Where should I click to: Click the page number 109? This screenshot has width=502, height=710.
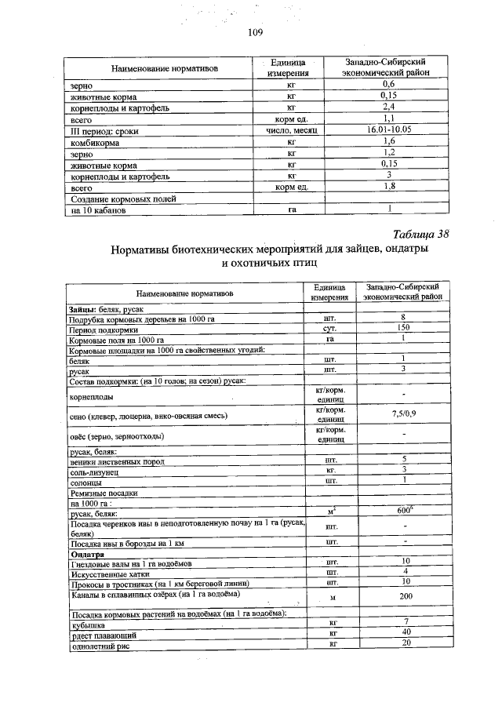pyautogui.click(x=253, y=32)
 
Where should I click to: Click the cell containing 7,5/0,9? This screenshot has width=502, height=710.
pyautogui.click(x=404, y=413)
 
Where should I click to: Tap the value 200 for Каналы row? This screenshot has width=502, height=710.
pyautogui.click(x=404, y=596)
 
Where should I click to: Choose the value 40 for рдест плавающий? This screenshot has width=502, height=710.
pyautogui.click(x=404, y=632)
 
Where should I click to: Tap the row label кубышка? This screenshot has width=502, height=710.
pyautogui.click(x=88, y=622)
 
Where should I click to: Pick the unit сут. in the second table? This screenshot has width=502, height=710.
pyautogui.click(x=329, y=328)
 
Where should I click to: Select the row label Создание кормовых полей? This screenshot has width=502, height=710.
pyautogui.click(x=117, y=199)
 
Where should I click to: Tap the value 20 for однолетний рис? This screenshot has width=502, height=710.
pyautogui.click(x=404, y=643)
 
